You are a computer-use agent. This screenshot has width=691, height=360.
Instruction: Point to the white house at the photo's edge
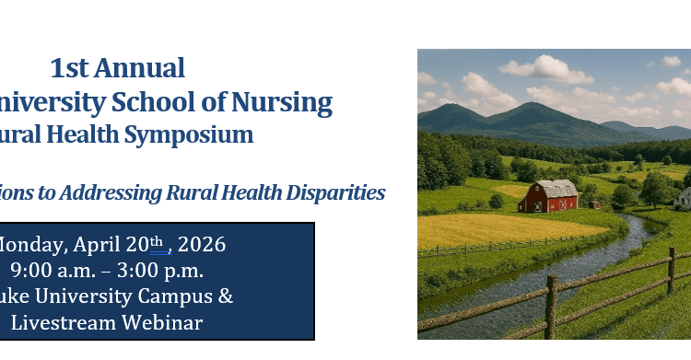click(x=684, y=197)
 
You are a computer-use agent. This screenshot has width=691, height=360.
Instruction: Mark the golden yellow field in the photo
click(x=498, y=230)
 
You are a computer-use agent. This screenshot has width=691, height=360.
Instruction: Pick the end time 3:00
click(x=135, y=271)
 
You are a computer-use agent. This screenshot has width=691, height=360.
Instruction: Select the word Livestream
click(x=60, y=323)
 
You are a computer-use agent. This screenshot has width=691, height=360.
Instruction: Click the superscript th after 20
click(x=158, y=241)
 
